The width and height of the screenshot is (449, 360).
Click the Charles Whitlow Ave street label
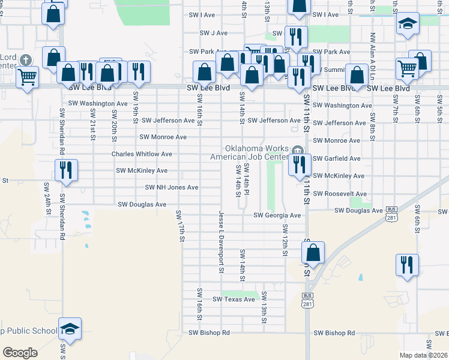(141, 154)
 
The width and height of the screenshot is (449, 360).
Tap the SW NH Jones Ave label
(172, 188)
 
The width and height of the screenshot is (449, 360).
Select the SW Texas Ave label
(234, 299)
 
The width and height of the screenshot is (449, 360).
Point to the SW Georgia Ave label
(277, 215)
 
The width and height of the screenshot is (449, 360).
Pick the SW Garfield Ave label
(337, 159)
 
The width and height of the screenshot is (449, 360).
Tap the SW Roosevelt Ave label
(342, 194)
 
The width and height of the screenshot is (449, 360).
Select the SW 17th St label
(179, 226)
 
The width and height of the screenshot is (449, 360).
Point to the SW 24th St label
(47, 199)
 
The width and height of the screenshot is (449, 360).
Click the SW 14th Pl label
(246, 181)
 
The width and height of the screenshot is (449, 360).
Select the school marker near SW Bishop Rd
(70, 328)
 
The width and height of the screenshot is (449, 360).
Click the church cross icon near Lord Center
(25, 60)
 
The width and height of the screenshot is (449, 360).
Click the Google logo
(20, 353)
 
